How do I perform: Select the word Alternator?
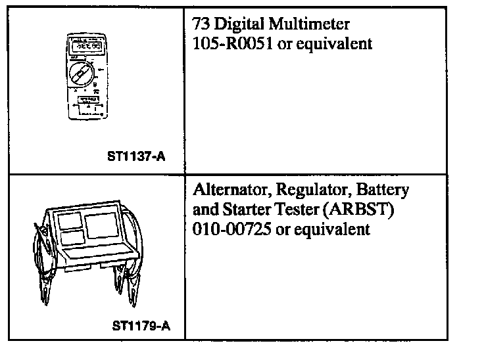tap(230, 191)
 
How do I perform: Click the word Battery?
tap(383, 191)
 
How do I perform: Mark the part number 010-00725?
tap(233, 230)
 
